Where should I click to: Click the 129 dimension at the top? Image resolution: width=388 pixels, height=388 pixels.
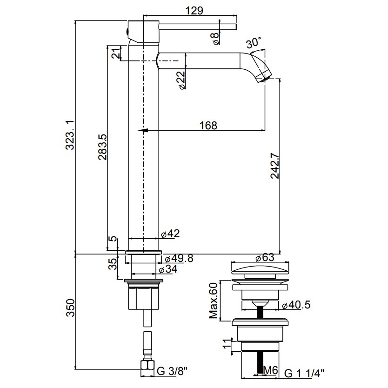pyautogui.click(x=194, y=10)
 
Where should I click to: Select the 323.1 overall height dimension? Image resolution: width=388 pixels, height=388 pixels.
pyautogui.click(x=70, y=135)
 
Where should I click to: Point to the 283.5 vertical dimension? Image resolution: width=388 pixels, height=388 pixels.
pyautogui.click(x=102, y=147)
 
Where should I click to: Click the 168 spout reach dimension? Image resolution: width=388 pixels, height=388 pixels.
pyautogui.click(x=208, y=126)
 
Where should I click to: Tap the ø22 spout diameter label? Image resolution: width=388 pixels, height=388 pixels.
pyautogui.click(x=181, y=80)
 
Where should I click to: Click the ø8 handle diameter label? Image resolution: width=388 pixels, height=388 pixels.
pyautogui.click(x=215, y=39)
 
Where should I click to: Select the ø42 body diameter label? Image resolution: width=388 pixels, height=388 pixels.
pyautogui.click(x=170, y=234)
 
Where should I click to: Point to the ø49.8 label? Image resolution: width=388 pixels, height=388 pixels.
pyautogui.click(x=179, y=259)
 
